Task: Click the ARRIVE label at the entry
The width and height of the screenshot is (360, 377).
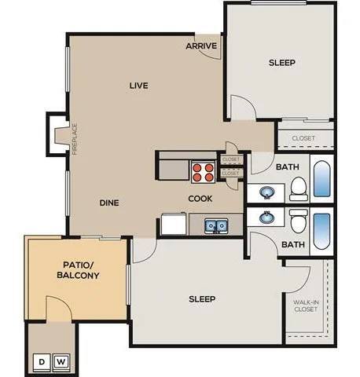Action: [201, 46]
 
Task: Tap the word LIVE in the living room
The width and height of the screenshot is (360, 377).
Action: [138, 85]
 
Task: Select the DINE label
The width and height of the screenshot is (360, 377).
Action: [108, 203]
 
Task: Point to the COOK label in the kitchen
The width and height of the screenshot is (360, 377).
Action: [200, 199]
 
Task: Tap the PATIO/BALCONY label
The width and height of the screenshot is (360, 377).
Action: [77, 270]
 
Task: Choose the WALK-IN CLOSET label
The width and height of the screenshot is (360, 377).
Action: [306, 304]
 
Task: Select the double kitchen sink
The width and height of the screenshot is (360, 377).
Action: [215, 226]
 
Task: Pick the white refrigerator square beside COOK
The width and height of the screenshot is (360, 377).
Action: [174, 225]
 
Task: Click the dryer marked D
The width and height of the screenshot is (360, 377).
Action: [41, 361]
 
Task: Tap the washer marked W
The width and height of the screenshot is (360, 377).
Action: [61, 361]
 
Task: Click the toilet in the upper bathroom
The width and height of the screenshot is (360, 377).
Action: [298, 187]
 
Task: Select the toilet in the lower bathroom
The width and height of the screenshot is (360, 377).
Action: [298, 222]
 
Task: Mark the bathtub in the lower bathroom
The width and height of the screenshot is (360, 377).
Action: [322, 230]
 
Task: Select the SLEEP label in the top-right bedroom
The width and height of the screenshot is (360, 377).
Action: [281, 62]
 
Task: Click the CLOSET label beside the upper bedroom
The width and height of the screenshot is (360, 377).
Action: [303, 138]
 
